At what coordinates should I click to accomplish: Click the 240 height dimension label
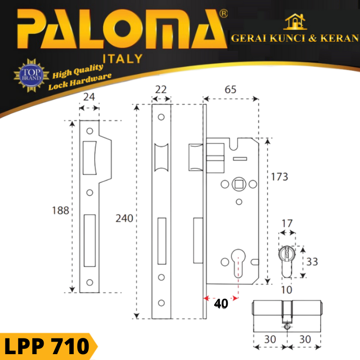coord(124,218)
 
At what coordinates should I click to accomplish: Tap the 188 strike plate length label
coord(60,210)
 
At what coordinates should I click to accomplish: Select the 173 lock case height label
coord(279,177)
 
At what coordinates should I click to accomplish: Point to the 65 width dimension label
coord(230,89)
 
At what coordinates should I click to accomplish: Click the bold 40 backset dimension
coord(221,303)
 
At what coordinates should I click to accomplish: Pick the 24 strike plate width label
coord(89,97)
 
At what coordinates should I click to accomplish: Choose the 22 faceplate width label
coord(161,89)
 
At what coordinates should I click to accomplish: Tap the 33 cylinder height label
coord(312,261)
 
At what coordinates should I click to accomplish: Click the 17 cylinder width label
coord(287,223)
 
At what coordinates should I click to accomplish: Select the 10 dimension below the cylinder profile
coord(287,290)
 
